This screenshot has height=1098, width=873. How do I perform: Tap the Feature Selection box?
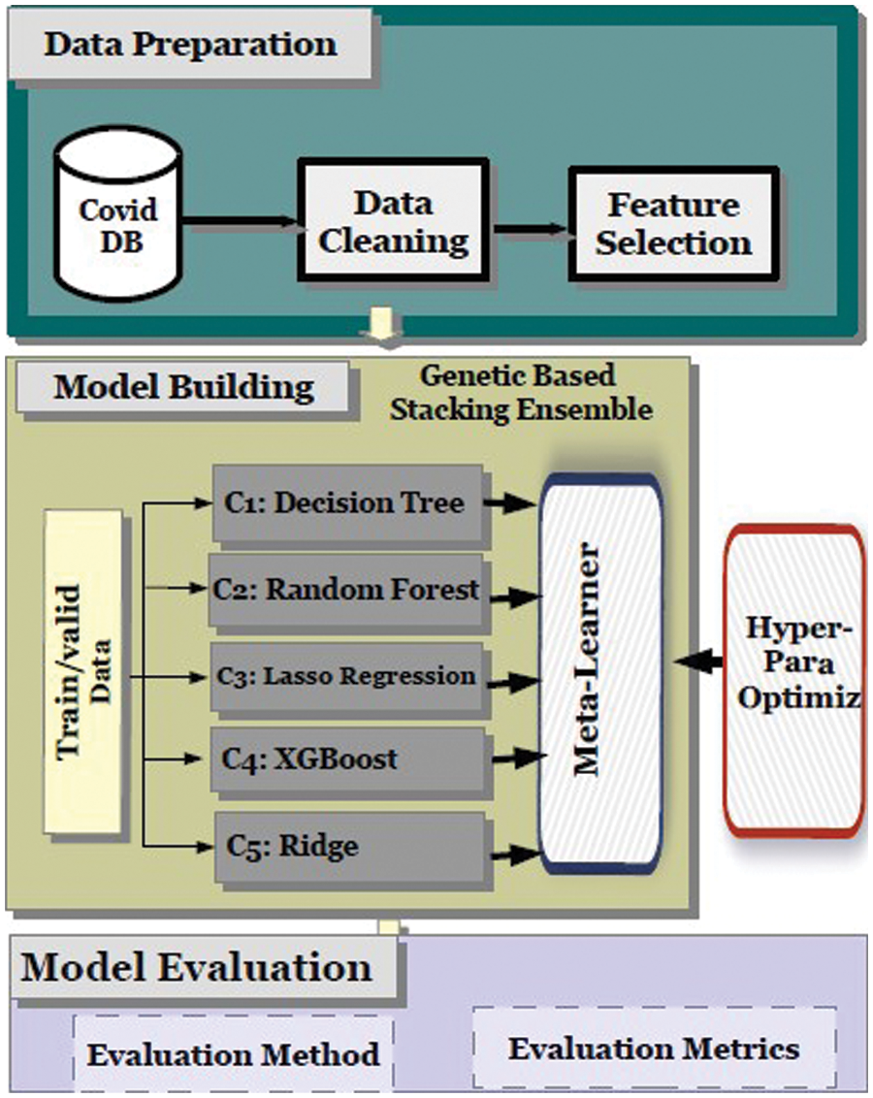(x=673, y=224)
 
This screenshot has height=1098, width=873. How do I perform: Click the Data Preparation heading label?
(x=190, y=45)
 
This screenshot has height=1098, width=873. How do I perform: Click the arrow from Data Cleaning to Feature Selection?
(x=531, y=229)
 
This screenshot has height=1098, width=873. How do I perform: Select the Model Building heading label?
(x=183, y=387)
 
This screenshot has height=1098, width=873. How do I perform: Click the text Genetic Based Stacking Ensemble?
(x=519, y=393)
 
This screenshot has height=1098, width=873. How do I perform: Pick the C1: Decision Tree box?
(x=347, y=503)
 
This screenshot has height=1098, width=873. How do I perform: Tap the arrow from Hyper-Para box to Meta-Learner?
(x=698, y=662)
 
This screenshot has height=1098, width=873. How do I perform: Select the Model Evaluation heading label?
(x=198, y=967)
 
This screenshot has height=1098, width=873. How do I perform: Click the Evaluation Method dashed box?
(x=233, y=1053)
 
